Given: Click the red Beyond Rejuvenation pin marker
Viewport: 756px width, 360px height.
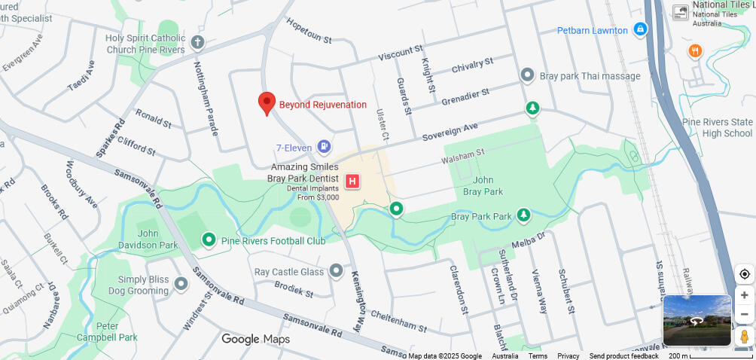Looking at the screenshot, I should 267,103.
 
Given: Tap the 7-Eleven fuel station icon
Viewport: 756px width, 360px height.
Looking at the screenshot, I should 324,146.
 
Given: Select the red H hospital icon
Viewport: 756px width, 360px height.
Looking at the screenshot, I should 352,181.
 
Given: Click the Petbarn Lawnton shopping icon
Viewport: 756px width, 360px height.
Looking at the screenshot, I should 640,29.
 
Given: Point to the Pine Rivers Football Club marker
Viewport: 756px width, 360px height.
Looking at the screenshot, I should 209,240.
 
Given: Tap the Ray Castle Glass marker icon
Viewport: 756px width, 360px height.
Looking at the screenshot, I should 336,271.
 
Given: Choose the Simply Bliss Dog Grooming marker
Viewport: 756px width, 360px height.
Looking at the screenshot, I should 181,284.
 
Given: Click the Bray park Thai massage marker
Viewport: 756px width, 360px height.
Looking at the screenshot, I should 527,75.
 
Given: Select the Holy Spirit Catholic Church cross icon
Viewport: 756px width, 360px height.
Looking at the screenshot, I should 197,41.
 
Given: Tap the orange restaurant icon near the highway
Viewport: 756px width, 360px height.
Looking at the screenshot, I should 695,51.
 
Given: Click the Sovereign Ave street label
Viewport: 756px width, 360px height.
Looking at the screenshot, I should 450,133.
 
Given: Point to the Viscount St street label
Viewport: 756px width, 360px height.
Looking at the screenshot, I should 401,52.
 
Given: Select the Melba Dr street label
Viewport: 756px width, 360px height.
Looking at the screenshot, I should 527,242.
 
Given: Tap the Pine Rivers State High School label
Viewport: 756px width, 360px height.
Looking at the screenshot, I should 717,127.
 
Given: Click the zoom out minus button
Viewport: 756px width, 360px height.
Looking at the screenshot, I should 744,314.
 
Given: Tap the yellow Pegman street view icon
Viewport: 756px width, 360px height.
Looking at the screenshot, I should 744,336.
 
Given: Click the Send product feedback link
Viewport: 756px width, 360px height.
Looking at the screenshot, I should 623,356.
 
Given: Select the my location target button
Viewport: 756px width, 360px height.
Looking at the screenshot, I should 744,274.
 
